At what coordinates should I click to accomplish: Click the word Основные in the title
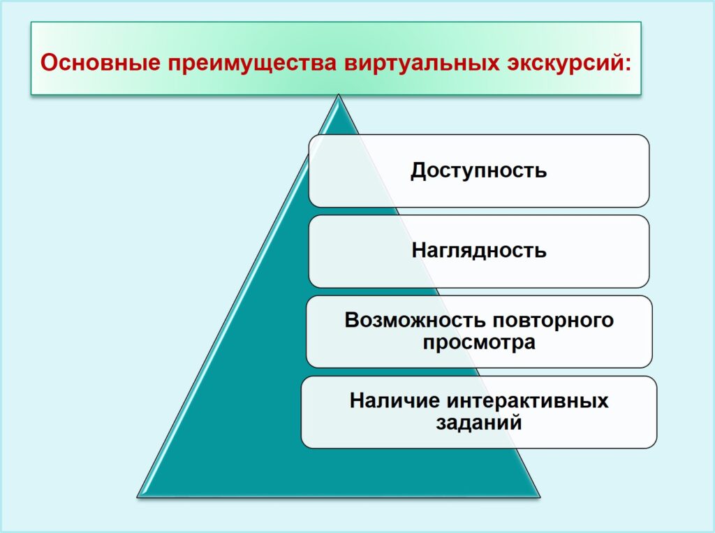(101, 62)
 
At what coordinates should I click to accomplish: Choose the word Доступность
(479, 170)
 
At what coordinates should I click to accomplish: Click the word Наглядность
(479, 251)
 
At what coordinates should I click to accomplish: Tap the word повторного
(551, 321)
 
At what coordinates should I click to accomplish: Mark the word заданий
(479, 423)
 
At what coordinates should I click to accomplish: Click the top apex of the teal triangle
(339, 94)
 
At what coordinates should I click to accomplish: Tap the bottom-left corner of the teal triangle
(138, 497)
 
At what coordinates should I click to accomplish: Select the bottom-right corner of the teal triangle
(540, 497)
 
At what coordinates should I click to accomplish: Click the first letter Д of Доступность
(418, 171)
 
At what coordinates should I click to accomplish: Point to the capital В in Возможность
(353, 321)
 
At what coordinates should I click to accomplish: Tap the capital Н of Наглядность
(419, 250)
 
